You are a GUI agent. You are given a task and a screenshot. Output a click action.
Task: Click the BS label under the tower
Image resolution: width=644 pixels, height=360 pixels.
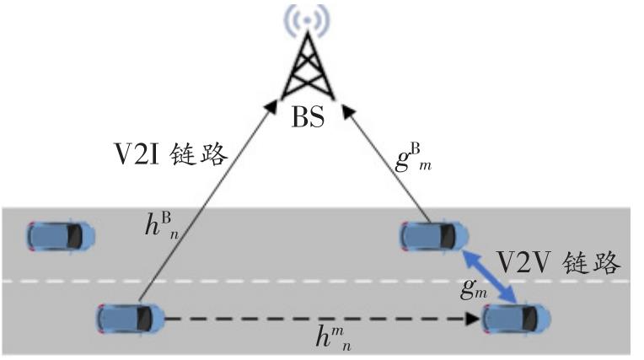(x=308, y=117)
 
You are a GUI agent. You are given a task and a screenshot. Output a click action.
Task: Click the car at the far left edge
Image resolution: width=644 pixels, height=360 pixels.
(x=61, y=235)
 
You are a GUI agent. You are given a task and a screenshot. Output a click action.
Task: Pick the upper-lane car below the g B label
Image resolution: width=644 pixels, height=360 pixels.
(x=432, y=235)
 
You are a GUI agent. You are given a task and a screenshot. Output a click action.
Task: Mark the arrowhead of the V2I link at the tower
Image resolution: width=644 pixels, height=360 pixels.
(x=271, y=105)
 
